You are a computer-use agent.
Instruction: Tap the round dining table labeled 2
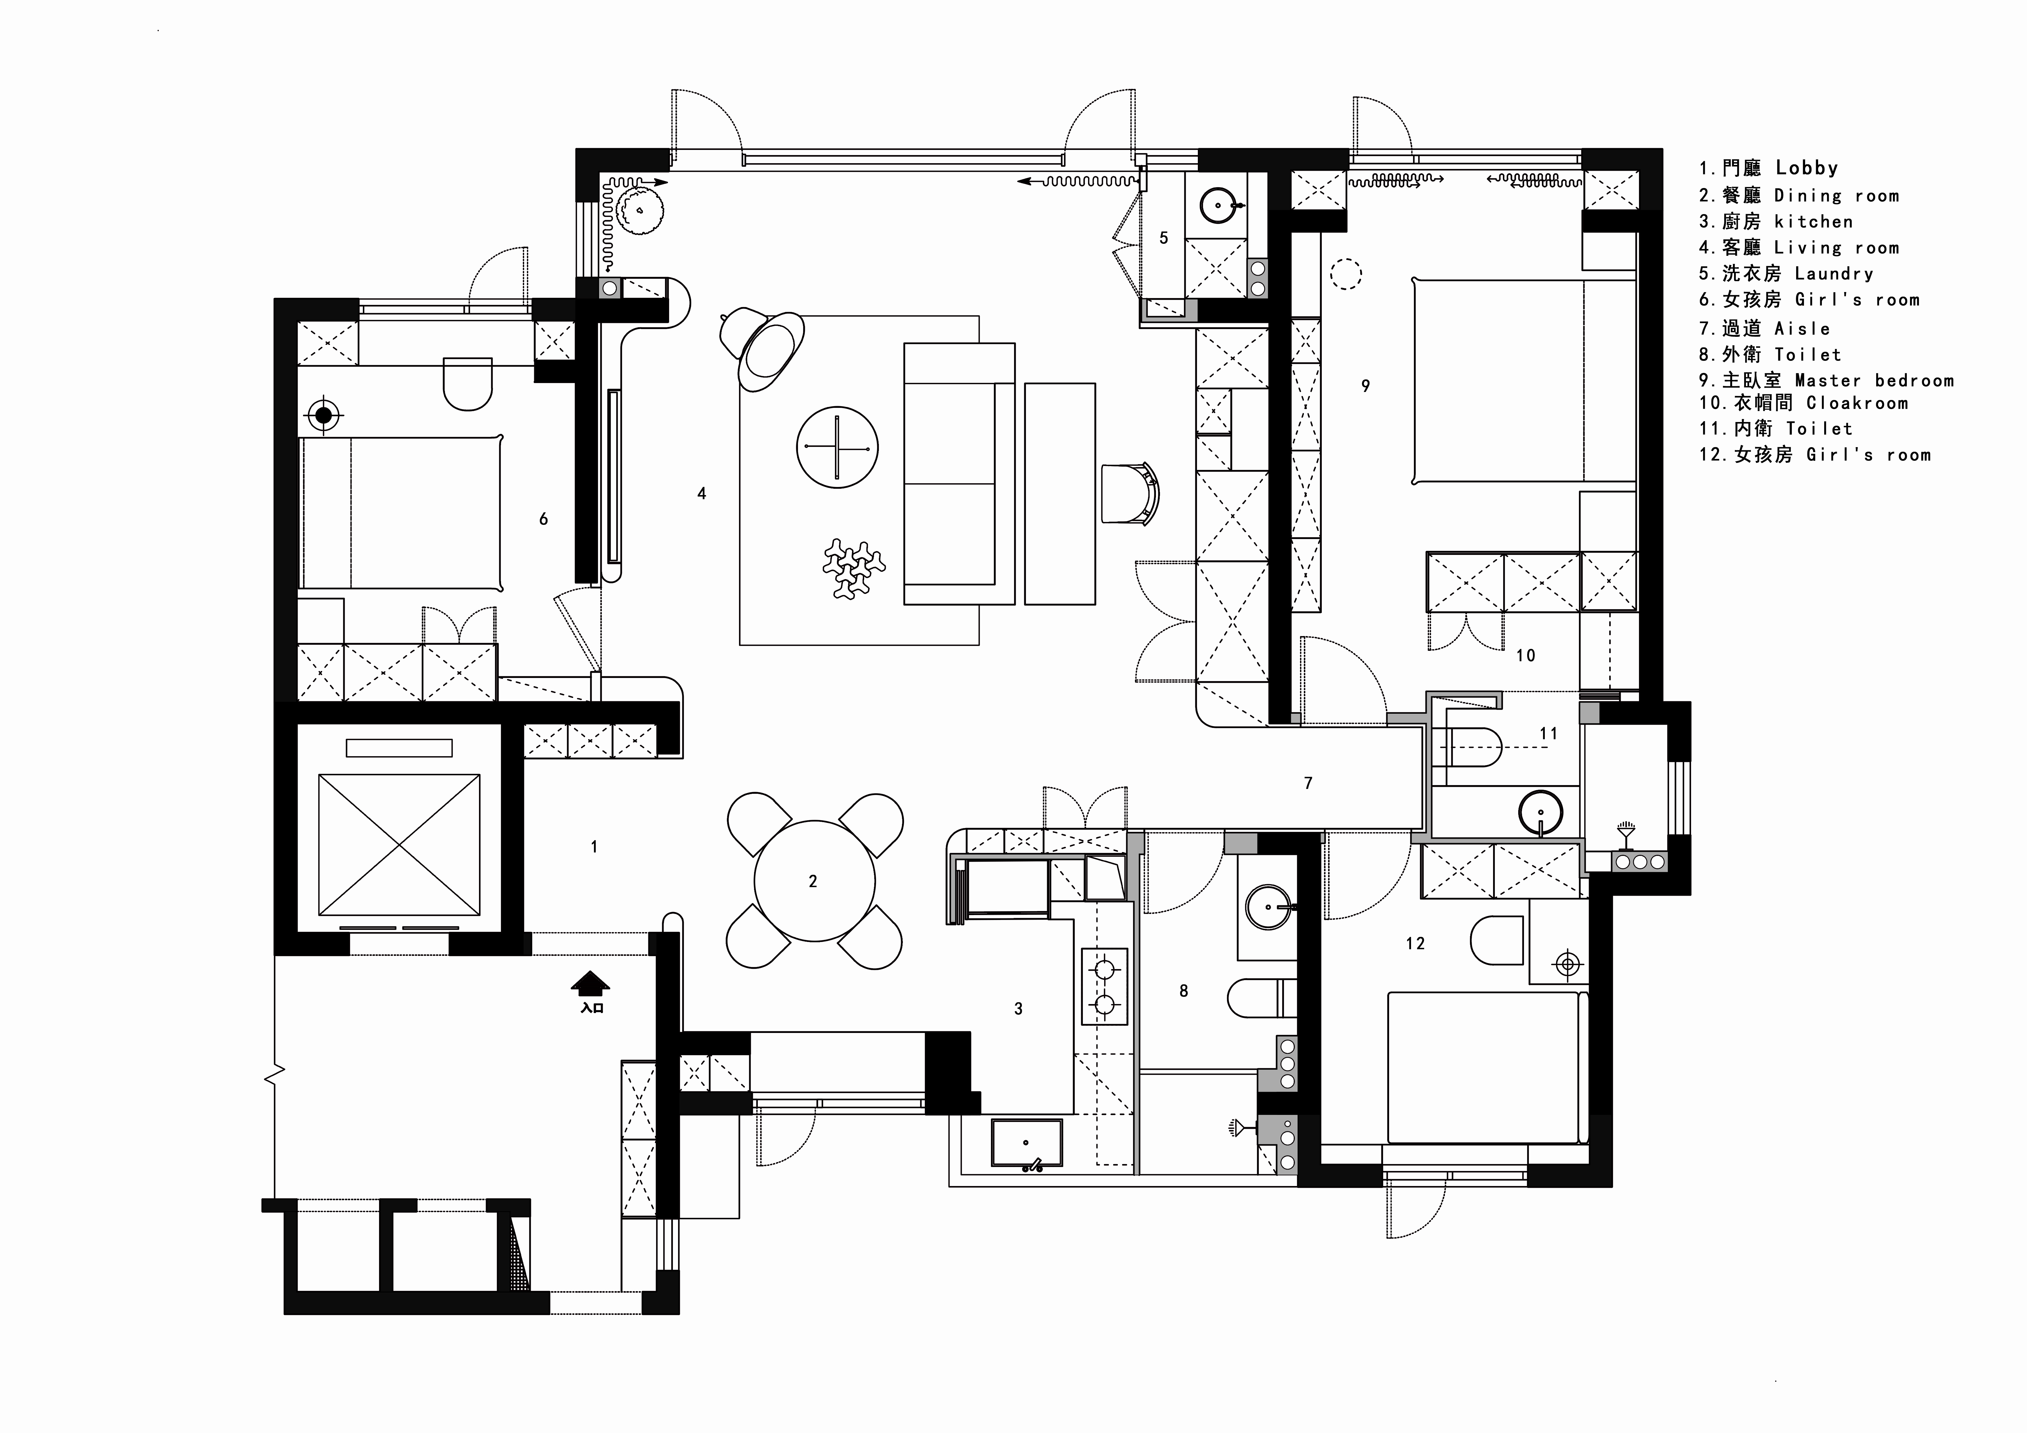click(814, 881)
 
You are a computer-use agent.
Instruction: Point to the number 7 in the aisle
click(1308, 783)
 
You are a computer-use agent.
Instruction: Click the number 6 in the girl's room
click(544, 519)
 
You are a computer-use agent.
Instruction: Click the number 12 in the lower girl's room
click(1415, 944)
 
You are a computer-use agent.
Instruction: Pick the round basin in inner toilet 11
click(1540, 812)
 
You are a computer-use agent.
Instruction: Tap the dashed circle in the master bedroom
click(1345, 274)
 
